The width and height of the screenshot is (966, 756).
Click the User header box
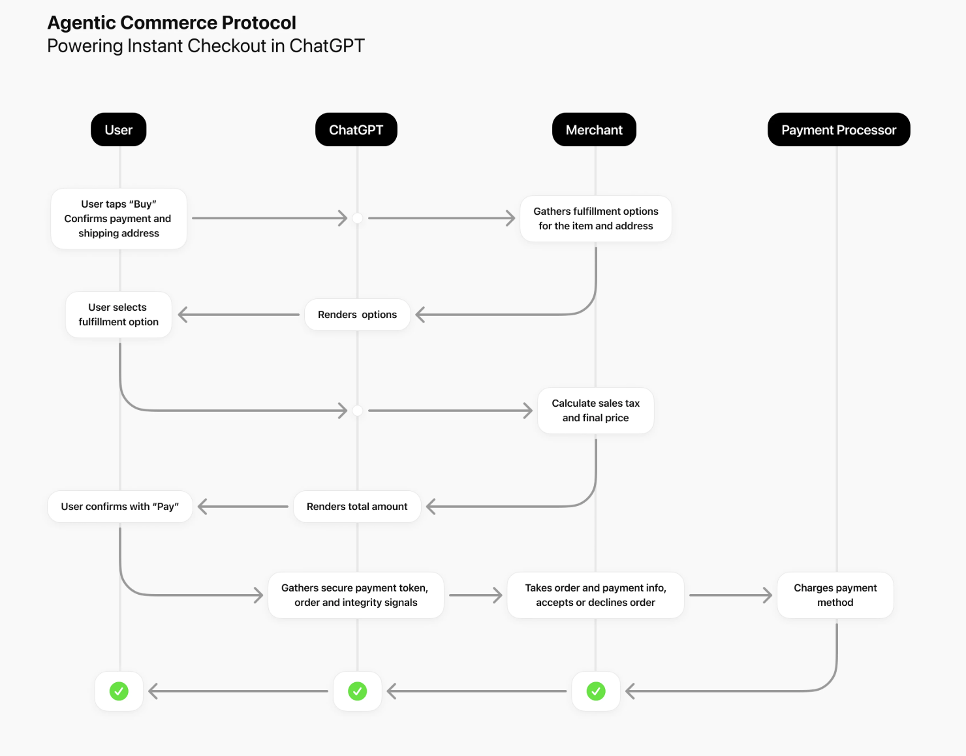(x=118, y=130)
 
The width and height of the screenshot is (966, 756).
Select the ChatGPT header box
(x=356, y=130)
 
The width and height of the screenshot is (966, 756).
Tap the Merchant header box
(x=594, y=130)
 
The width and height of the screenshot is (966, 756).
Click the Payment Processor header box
(x=839, y=130)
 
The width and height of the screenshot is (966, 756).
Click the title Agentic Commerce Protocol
(x=172, y=23)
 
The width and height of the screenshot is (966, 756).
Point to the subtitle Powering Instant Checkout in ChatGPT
(x=206, y=46)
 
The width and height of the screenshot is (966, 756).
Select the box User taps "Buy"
(x=119, y=219)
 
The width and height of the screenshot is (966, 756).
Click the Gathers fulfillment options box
(x=595, y=219)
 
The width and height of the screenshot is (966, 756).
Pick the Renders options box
(x=357, y=315)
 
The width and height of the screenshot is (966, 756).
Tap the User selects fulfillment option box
(x=119, y=315)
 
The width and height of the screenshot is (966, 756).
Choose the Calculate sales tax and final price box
(x=595, y=411)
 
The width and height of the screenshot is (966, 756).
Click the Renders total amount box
(x=357, y=507)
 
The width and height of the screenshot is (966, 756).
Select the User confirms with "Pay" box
(x=120, y=507)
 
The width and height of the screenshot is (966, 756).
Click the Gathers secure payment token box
(x=356, y=595)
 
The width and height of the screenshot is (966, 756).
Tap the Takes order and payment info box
(x=595, y=595)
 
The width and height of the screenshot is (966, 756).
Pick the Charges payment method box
(x=835, y=595)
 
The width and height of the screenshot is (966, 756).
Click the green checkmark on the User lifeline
(x=119, y=691)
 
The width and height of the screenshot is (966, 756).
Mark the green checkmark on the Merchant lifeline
(x=595, y=691)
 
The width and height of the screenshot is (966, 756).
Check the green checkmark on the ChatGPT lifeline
(x=357, y=691)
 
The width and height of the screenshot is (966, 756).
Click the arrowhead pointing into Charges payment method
(x=768, y=595)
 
